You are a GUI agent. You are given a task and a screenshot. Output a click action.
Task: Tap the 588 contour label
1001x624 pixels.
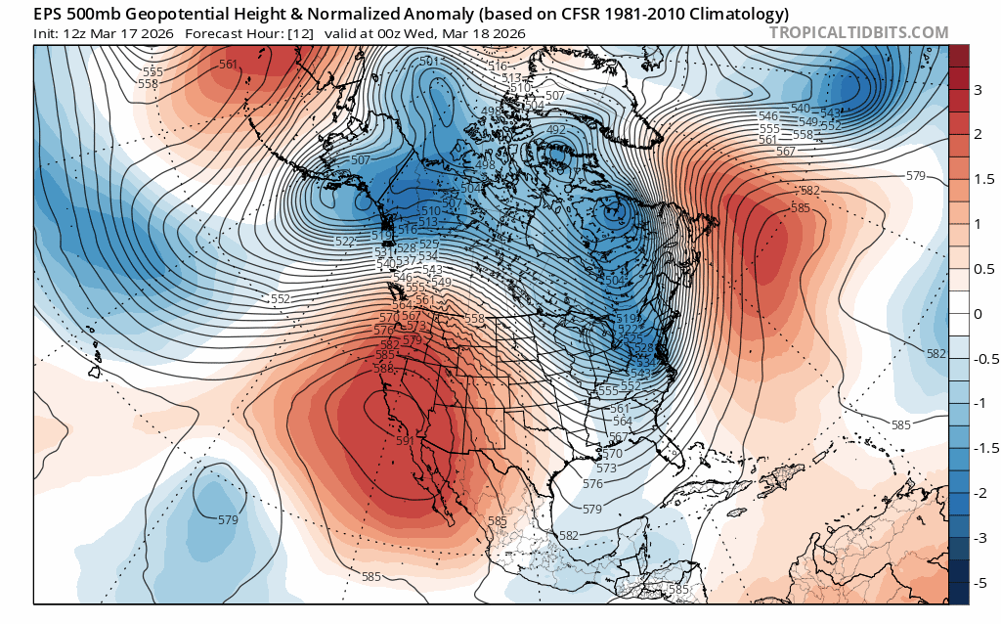(x=383, y=369)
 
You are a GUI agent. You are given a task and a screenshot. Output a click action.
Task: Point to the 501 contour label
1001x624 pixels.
(x=429, y=63)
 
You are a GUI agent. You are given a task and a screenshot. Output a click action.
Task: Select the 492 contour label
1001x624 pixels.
(x=557, y=130)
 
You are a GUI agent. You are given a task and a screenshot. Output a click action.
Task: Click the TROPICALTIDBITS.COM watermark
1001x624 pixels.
(x=859, y=32)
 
